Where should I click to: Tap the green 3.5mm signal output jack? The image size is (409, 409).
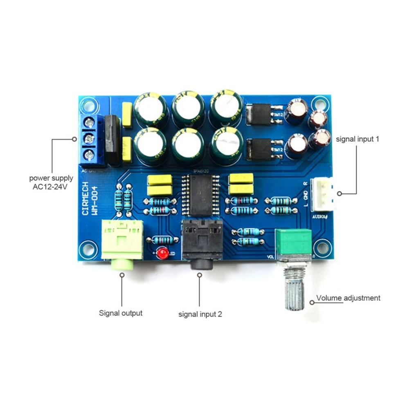[x=122, y=241]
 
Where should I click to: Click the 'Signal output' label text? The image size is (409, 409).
[x=121, y=313]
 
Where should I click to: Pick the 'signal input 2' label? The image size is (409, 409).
[x=200, y=315]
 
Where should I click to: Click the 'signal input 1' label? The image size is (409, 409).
[x=357, y=139]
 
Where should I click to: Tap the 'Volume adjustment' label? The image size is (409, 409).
[x=348, y=298]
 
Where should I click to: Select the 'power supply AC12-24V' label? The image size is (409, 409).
[x=51, y=183]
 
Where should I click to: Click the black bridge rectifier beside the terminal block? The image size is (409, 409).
[x=112, y=139]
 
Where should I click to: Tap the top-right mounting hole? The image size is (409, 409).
[x=317, y=103]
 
